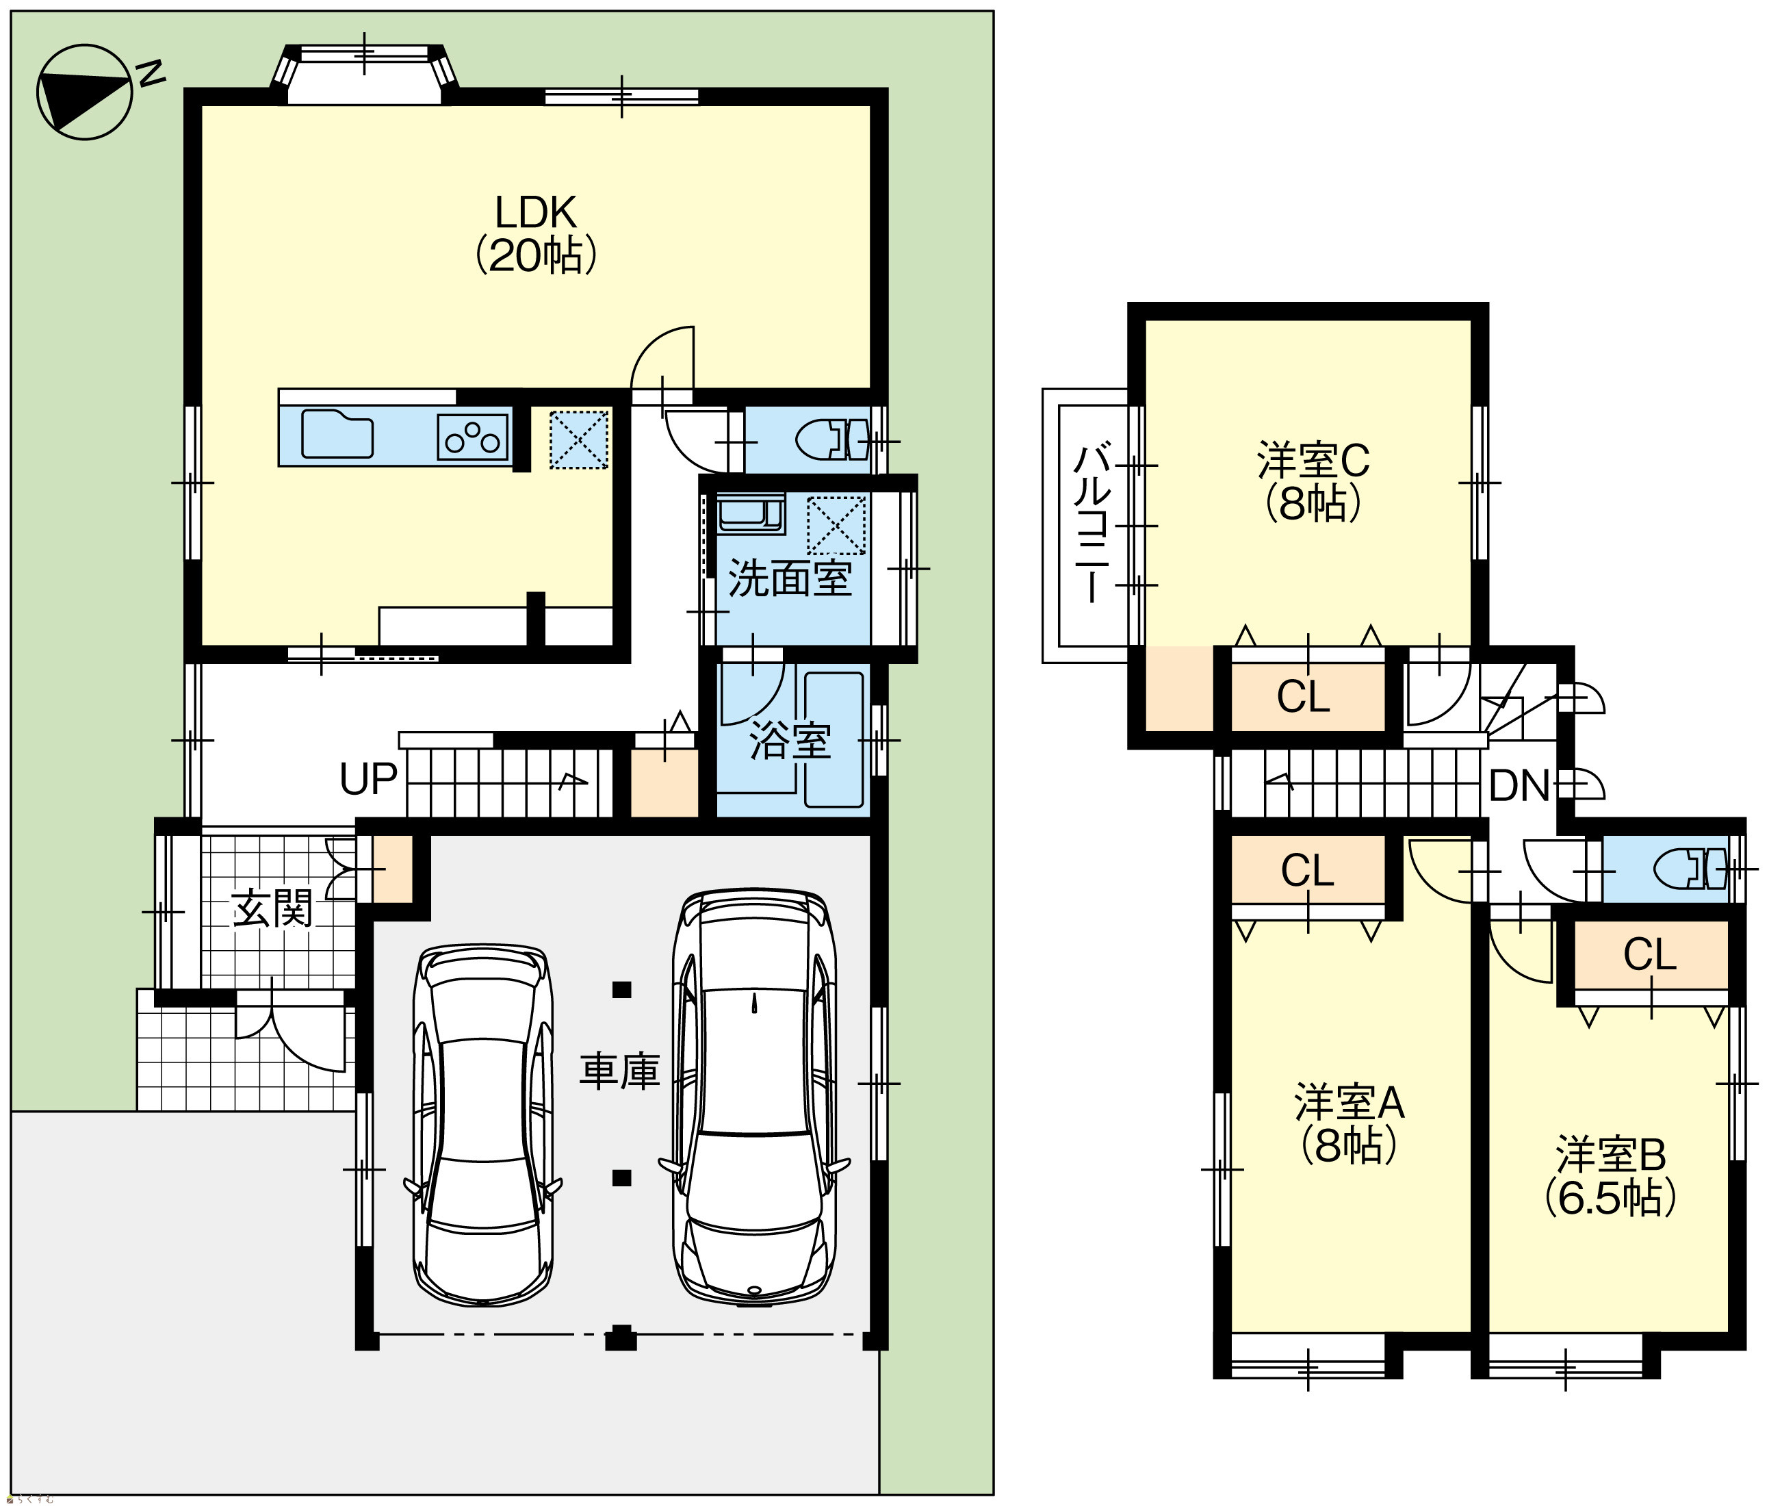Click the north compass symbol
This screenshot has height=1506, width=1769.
tap(86, 92)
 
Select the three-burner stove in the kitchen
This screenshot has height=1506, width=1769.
tap(473, 437)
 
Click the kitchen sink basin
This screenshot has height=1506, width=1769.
tap(337, 434)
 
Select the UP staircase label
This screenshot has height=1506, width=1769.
tap(369, 778)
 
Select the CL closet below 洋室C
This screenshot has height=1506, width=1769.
tap(1303, 697)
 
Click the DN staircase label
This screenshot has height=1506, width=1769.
tap(1520, 785)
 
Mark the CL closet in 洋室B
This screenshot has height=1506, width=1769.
tap(1649, 954)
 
